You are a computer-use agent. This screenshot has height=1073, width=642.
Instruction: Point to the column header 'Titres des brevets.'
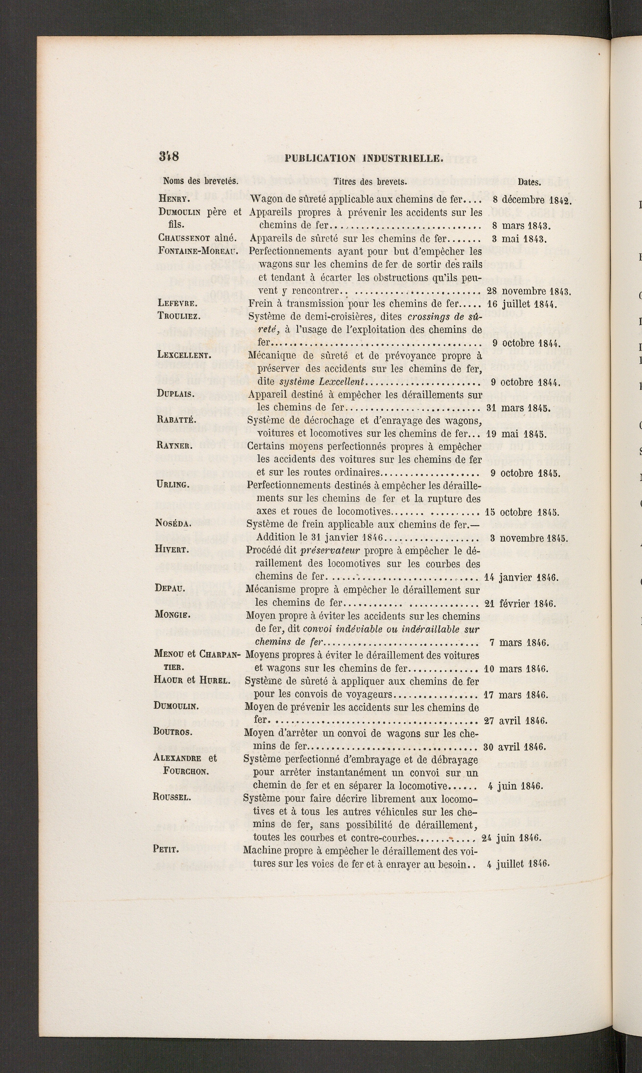[x=370, y=182]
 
